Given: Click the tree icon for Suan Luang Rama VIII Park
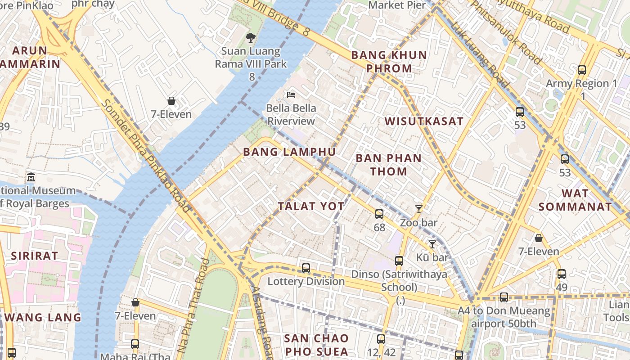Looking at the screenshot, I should tap(251, 38).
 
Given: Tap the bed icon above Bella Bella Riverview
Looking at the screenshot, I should tap(291, 95).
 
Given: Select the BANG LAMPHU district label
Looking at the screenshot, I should tap(289, 152).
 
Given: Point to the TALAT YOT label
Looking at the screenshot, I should tap(311, 207).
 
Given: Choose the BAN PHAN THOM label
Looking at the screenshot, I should tap(388, 165).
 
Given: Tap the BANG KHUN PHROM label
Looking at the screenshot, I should tap(389, 62).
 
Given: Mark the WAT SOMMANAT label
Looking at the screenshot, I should tap(575, 200).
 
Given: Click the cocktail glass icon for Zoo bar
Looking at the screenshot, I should tap(419, 209).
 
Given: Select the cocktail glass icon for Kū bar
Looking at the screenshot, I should tap(432, 244).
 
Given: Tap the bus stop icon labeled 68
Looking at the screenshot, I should tap(379, 214).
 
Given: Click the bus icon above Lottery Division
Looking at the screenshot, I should tap(306, 268).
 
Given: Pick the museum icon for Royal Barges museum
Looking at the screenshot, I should tap(31, 177).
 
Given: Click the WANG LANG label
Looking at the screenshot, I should tap(43, 317).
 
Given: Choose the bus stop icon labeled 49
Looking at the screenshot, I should tap(561, 274).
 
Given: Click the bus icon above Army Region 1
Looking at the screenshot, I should tap(581, 70).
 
